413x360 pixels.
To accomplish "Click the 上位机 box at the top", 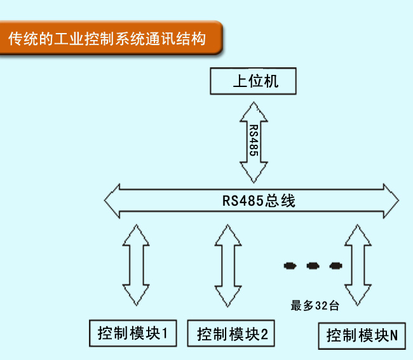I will click(x=254, y=81).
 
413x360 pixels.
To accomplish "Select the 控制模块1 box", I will click(x=133, y=333).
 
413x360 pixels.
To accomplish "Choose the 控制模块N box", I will click(x=362, y=335).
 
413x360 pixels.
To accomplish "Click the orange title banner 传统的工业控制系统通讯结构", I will click(x=108, y=39).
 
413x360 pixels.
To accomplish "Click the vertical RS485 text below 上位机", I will click(x=254, y=138).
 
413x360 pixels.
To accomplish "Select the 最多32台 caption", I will click(x=315, y=306).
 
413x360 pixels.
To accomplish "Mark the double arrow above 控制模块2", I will click(x=227, y=264).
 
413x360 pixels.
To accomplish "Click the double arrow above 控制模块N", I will click(x=357, y=264).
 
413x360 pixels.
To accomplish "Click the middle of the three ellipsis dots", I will click(x=313, y=265).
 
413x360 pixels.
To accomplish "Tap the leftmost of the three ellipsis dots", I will click(x=290, y=265).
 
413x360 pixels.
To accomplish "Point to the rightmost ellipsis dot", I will click(x=335, y=265).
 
